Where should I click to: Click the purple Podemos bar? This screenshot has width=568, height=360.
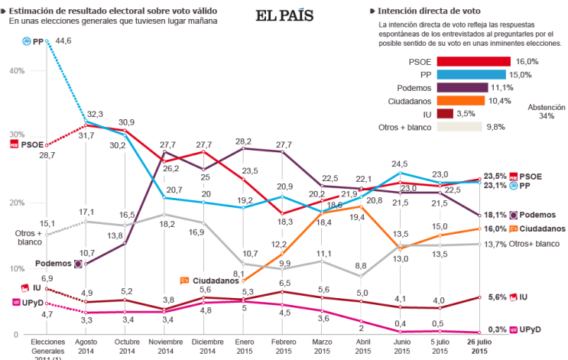pos(453,87)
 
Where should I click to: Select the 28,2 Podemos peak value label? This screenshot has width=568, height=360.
pos(244,141)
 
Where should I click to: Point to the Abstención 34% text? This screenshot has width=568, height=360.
pos(546,112)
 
